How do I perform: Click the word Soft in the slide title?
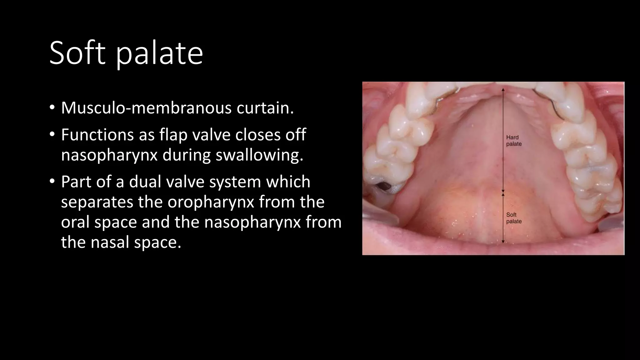click(77, 53)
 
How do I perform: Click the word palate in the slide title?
click(160, 54)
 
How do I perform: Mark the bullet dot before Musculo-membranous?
click(52, 108)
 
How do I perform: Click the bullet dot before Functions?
click(52, 135)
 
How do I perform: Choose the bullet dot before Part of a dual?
click(52, 182)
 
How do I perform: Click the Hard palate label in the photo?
click(514, 141)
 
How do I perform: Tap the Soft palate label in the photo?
click(514, 218)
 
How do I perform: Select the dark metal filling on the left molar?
click(382, 187)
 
